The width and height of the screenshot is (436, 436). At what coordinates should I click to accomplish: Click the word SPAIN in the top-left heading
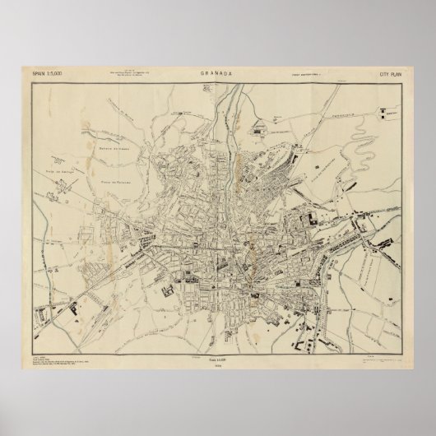click(39, 74)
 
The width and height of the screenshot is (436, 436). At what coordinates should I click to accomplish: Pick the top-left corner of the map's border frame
click(30, 80)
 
